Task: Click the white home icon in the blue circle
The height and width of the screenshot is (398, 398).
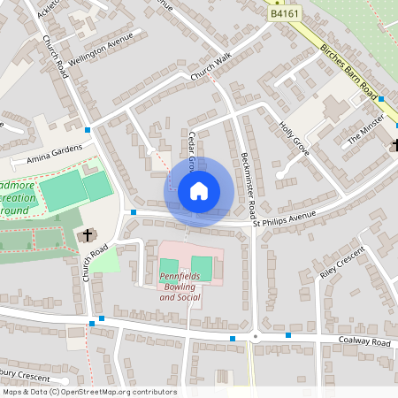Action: coord(199,191)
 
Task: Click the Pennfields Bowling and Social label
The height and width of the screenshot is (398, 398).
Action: coord(180,287)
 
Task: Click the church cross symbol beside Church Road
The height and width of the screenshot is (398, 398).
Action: coord(88,235)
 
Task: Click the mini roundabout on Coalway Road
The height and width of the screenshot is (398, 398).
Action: coord(254,336)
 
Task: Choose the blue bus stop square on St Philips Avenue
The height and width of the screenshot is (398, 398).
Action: coord(133,212)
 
